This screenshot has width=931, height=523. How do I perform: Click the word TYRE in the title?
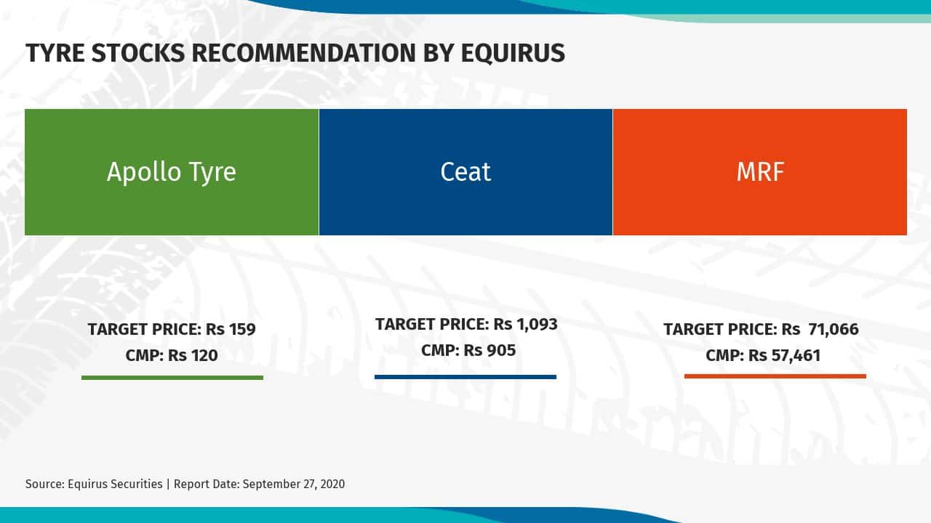53,53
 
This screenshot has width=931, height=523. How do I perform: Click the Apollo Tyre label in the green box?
172,172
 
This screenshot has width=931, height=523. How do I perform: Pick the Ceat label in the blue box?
465,172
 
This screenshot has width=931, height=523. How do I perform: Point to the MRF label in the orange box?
760,172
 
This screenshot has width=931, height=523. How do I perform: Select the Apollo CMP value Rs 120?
193,355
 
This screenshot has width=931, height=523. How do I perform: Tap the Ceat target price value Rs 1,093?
525,324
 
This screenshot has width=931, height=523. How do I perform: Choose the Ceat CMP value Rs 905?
490,350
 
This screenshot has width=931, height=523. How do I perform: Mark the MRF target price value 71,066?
831,329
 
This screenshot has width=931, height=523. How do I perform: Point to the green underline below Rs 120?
172,378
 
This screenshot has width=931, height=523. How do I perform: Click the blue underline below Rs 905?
465,377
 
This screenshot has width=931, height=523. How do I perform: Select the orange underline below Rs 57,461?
775,376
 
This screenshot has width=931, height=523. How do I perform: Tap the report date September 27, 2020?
294,484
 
